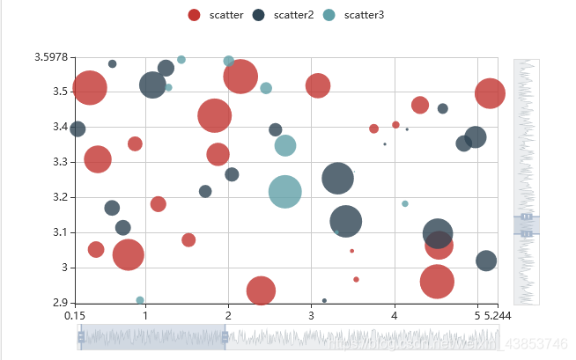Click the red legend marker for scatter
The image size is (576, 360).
195,15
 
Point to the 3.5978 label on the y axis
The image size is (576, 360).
51,57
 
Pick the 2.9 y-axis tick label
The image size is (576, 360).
57,303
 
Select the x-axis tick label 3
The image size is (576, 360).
311,314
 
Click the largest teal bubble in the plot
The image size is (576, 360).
284,191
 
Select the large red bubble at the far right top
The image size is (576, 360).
491,92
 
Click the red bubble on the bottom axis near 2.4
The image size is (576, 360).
261,290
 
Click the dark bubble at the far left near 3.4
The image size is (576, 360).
77,129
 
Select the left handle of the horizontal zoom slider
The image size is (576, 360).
81,337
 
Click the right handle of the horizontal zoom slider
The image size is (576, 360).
225,337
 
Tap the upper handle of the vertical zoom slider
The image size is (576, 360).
526,217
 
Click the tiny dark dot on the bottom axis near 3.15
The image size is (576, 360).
324,301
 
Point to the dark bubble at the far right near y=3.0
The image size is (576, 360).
486,261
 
